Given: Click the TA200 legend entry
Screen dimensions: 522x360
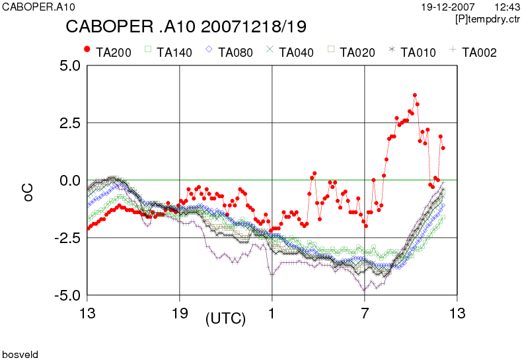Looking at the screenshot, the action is (x=108, y=52).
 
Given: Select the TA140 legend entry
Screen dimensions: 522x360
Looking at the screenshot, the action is (x=168, y=52).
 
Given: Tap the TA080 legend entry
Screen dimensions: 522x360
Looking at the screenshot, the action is (x=229, y=52).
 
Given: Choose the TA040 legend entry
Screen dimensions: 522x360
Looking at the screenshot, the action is (x=290, y=52).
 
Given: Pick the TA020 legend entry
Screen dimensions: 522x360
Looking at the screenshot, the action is (x=352, y=52).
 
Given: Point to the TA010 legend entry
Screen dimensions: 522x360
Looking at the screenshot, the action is (x=412, y=52).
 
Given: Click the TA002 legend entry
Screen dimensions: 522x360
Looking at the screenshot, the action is (x=473, y=52).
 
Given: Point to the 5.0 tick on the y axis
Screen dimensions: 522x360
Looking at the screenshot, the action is (x=70, y=65).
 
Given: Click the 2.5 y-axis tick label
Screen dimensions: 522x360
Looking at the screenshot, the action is (x=70, y=123).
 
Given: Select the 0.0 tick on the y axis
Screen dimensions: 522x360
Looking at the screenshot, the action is (x=70, y=181).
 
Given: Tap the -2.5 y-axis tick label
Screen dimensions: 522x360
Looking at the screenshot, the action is (x=68, y=238).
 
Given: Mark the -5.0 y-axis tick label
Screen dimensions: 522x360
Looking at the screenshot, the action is (x=68, y=295).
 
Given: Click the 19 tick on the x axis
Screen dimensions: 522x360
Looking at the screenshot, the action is (x=180, y=313).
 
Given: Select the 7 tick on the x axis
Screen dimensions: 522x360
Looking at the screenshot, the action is (x=365, y=313).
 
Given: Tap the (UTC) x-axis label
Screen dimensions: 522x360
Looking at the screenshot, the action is (x=226, y=319).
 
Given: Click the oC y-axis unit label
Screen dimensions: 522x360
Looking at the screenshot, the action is (x=28, y=192).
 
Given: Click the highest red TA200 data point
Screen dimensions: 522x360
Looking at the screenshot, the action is (x=415, y=95).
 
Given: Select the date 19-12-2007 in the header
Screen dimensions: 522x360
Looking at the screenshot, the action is (x=448, y=7).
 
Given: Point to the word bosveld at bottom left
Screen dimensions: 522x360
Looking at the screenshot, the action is (x=20, y=354).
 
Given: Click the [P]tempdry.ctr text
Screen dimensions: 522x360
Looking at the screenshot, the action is (x=488, y=19).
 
